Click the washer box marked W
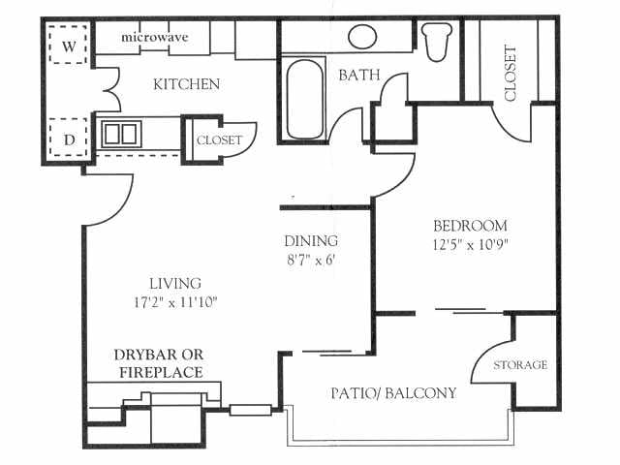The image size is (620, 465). coord(68,46)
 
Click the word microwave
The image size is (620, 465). coord(154,38)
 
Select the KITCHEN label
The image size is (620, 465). coord(186,84)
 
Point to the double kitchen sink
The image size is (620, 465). coord(122,134)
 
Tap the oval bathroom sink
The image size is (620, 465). coord(362,38)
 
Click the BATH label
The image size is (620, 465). coord(357,75)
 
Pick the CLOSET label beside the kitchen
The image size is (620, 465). coord(219,140)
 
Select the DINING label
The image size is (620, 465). coord(311,241)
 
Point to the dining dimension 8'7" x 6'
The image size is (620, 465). coord(311,260)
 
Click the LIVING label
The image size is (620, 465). coord(174,284)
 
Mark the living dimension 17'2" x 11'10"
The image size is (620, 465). coord(174,302)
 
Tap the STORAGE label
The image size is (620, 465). coord(520,365)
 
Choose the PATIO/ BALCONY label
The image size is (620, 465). coord(393,394)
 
